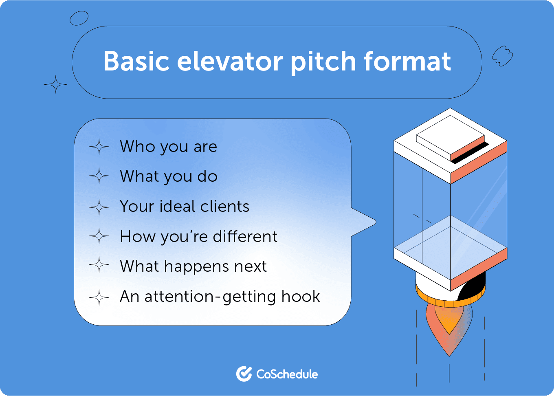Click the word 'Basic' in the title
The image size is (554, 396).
tap(136, 62)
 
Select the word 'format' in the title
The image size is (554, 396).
tap(407, 62)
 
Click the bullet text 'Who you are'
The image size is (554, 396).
tap(168, 147)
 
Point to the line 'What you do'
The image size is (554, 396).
tap(169, 176)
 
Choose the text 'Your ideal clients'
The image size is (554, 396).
tap(184, 207)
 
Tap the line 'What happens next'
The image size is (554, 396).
tap(193, 266)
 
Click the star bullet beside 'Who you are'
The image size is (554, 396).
tap(99, 147)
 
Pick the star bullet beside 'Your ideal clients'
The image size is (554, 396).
tap(99, 207)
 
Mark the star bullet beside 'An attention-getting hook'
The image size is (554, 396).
tap(99, 297)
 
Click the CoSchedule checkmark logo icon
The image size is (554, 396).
tap(244, 374)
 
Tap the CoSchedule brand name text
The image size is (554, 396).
tap(287, 374)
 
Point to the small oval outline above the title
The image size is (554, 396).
tap(79, 18)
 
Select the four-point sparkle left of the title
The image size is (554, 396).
tap(55, 85)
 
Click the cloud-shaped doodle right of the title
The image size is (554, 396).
tap(502, 56)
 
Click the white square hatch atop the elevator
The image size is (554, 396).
tap(450, 136)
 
